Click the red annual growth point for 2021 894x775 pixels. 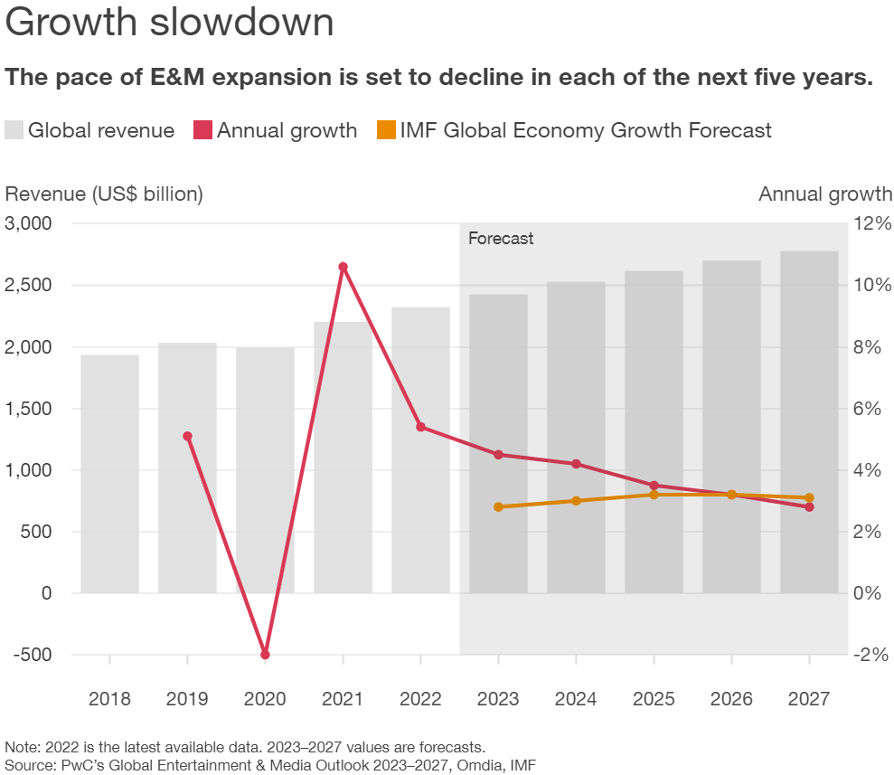pos(343,267)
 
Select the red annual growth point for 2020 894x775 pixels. pos(265,654)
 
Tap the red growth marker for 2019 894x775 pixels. pos(187,436)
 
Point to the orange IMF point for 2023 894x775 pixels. pos(498,506)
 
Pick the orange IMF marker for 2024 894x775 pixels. pos(576,500)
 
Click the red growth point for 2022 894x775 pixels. pos(420,427)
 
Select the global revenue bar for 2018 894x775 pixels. pos(109,474)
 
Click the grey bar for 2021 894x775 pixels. pos(343,457)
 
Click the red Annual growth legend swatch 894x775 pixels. pos(202,130)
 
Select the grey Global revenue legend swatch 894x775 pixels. pos(14,130)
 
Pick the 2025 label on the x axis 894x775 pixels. pos(654,699)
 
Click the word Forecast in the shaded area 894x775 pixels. pos(501,239)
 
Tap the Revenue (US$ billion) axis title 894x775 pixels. pos(104,194)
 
